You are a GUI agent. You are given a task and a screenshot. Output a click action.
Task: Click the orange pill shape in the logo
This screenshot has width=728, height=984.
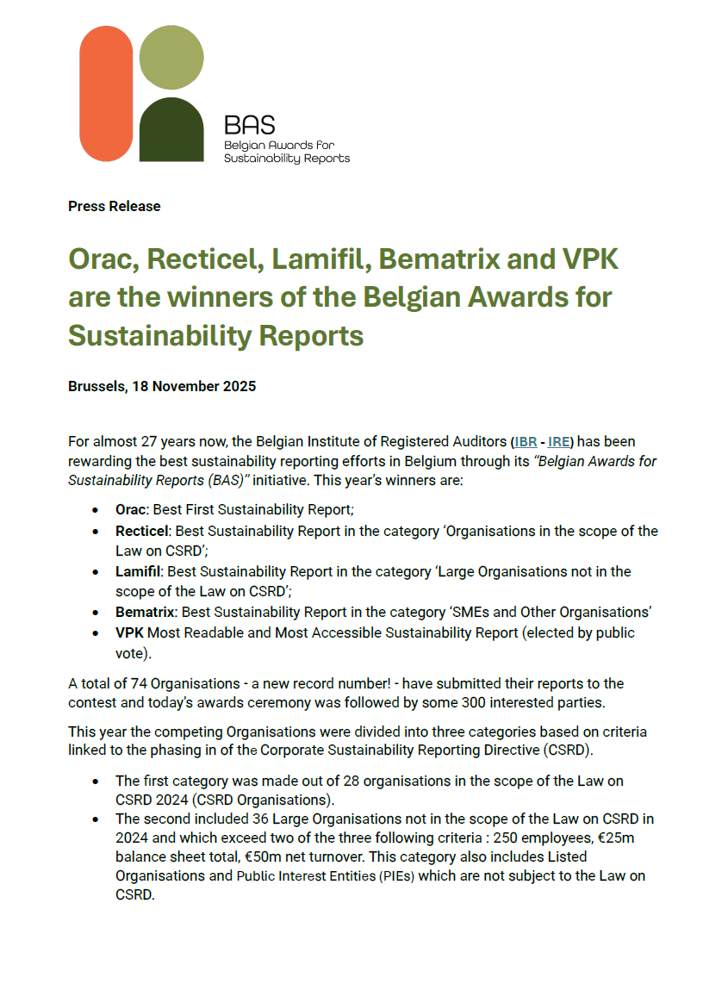pos(106,93)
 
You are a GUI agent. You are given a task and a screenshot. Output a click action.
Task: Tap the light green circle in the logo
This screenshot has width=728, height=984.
pos(171,58)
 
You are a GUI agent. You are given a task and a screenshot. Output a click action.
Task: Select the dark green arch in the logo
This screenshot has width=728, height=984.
pos(171,131)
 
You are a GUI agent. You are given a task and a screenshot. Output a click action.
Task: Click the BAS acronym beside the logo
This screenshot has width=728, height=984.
pos(249,126)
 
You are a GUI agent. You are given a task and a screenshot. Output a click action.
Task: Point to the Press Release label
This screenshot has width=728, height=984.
pos(115,206)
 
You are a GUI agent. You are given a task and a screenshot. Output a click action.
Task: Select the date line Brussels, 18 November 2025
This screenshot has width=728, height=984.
pos(162,386)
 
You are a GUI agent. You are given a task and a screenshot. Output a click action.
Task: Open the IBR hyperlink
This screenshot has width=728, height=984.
pos(526,442)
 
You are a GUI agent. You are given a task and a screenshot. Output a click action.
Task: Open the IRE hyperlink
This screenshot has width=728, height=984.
pos(557,442)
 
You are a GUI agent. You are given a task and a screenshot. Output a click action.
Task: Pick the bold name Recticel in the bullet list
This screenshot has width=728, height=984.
pos(141,531)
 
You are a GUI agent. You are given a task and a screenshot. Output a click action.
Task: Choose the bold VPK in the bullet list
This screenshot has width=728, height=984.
pos(130,632)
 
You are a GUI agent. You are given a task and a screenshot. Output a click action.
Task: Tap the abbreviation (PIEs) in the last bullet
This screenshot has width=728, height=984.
pos(391,875)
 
